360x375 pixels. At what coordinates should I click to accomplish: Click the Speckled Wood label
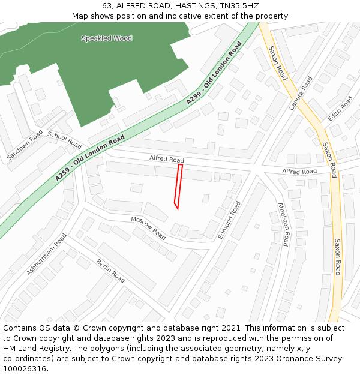[107, 38]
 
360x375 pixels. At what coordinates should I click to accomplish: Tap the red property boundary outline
[178, 186]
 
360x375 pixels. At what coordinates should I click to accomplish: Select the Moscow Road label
[148, 228]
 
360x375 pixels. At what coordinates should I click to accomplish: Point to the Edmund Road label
[229, 220]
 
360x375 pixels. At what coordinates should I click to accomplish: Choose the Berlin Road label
[110, 271]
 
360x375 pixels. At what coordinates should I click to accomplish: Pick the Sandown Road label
[25, 145]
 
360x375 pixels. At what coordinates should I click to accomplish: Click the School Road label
[64, 140]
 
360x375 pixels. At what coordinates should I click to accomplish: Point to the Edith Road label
[341, 107]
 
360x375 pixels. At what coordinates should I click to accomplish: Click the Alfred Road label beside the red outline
[167, 159]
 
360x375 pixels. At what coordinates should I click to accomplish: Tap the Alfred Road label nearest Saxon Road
[299, 172]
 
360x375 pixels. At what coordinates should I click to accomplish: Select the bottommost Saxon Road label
[338, 257]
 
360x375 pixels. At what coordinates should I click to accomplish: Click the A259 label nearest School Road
[90, 158]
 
